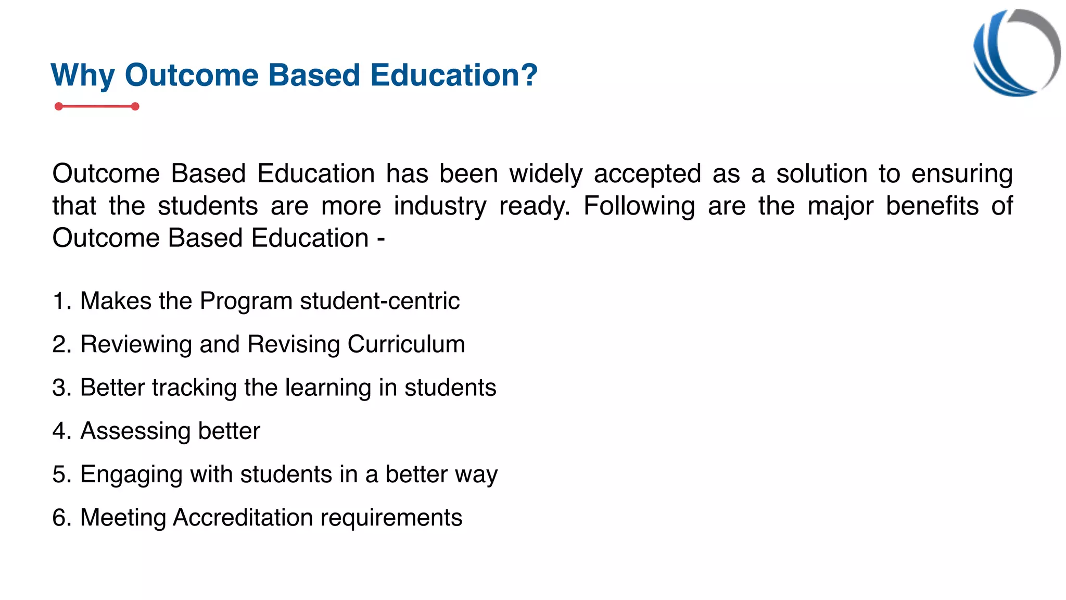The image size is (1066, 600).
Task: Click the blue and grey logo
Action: [x=1016, y=53]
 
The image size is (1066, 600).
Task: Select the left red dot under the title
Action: [x=59, y=107]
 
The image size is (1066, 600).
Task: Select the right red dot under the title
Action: [x=135, y=107]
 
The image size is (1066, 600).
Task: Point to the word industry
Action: [x=440, y=206]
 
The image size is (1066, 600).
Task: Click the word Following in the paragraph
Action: [x=639, y=206]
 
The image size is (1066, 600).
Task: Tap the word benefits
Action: [x=932, y=206]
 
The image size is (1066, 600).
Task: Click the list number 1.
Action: [x=59, y=302]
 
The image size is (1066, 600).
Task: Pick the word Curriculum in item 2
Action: [x=406, y=344]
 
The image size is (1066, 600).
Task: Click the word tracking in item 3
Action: [x=194, y=388]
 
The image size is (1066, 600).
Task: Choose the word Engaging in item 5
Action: [x=131, y=475]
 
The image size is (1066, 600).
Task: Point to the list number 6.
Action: [x=59, y=518]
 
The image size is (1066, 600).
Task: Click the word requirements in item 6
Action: [x=391, y=518]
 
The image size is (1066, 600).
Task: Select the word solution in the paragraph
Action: [x=821, y=174]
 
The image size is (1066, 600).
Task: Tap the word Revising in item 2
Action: [x=293, y=345]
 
